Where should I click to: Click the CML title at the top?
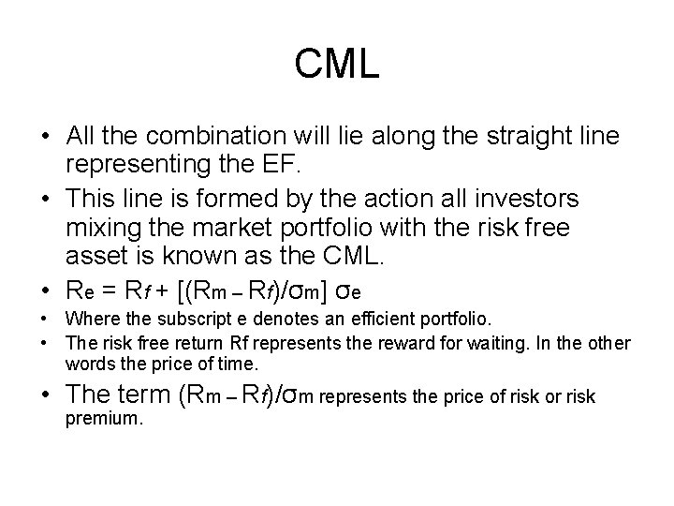pyautogui.click(x=336, y=65)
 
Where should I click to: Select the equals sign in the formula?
pyautogui.click(x=117, y=287)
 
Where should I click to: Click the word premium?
pyautogui.click(x=104, y=419)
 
